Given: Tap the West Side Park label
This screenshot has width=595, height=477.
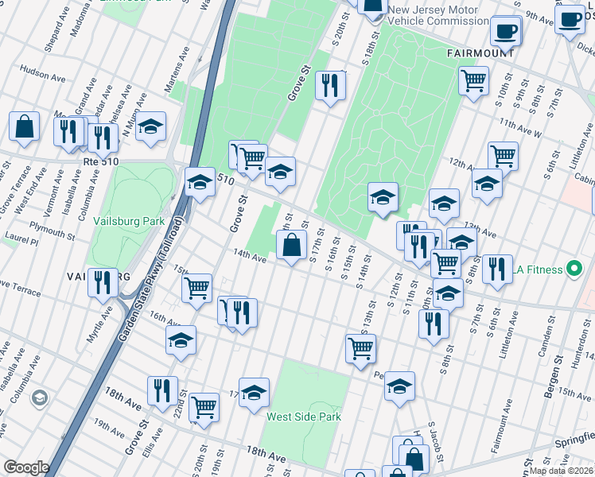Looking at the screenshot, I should (x=303, y=417).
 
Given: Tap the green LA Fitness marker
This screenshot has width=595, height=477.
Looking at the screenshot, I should (x=571, y=270).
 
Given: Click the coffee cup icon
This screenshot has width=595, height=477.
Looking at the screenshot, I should (x=505, y=32).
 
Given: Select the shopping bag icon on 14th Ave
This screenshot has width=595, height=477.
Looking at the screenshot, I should (x=293, y=245).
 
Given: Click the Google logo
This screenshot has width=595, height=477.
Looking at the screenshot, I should (x=25, y=467).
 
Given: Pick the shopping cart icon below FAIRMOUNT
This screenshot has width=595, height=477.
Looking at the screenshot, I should (x=473, y=80).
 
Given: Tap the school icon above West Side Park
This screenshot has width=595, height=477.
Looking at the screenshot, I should (x=254, y=392).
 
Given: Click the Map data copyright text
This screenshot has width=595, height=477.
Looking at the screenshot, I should (x=562, y=471).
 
